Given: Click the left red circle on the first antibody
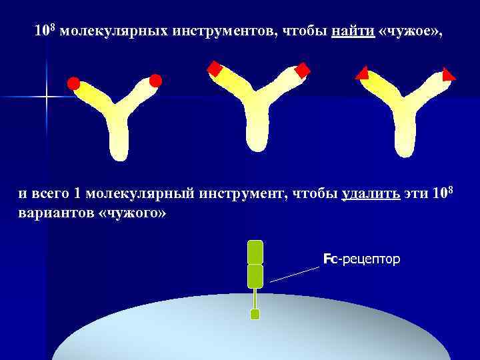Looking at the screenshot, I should (x=73, y=84).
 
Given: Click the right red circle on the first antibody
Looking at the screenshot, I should (x=155, y=81).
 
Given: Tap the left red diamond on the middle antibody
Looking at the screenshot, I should (x=214, y=68).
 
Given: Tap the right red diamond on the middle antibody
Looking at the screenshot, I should (x=303, y=70).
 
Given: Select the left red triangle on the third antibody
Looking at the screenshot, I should (x=363, y=73).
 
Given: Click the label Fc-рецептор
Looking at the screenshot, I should (x=362, y=258).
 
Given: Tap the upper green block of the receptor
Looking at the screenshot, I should (x=255, y=251).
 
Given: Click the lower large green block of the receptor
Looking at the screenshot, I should (x=255, y=276).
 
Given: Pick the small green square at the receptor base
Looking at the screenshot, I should (x=254, y=314).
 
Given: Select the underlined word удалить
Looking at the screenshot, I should (x=371, y=194).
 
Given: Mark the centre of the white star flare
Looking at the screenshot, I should (x=46, y=97).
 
